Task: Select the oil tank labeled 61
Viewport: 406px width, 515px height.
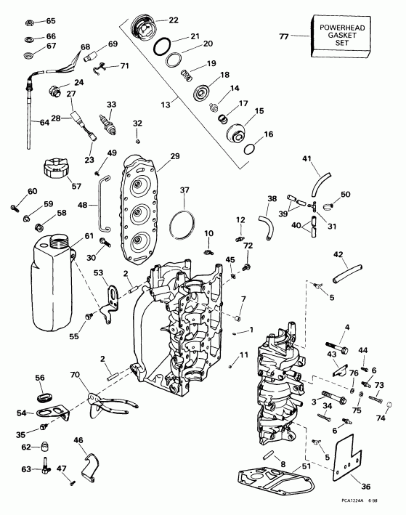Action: tap(52, 272)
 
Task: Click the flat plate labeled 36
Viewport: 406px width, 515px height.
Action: tap(341, 463)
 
